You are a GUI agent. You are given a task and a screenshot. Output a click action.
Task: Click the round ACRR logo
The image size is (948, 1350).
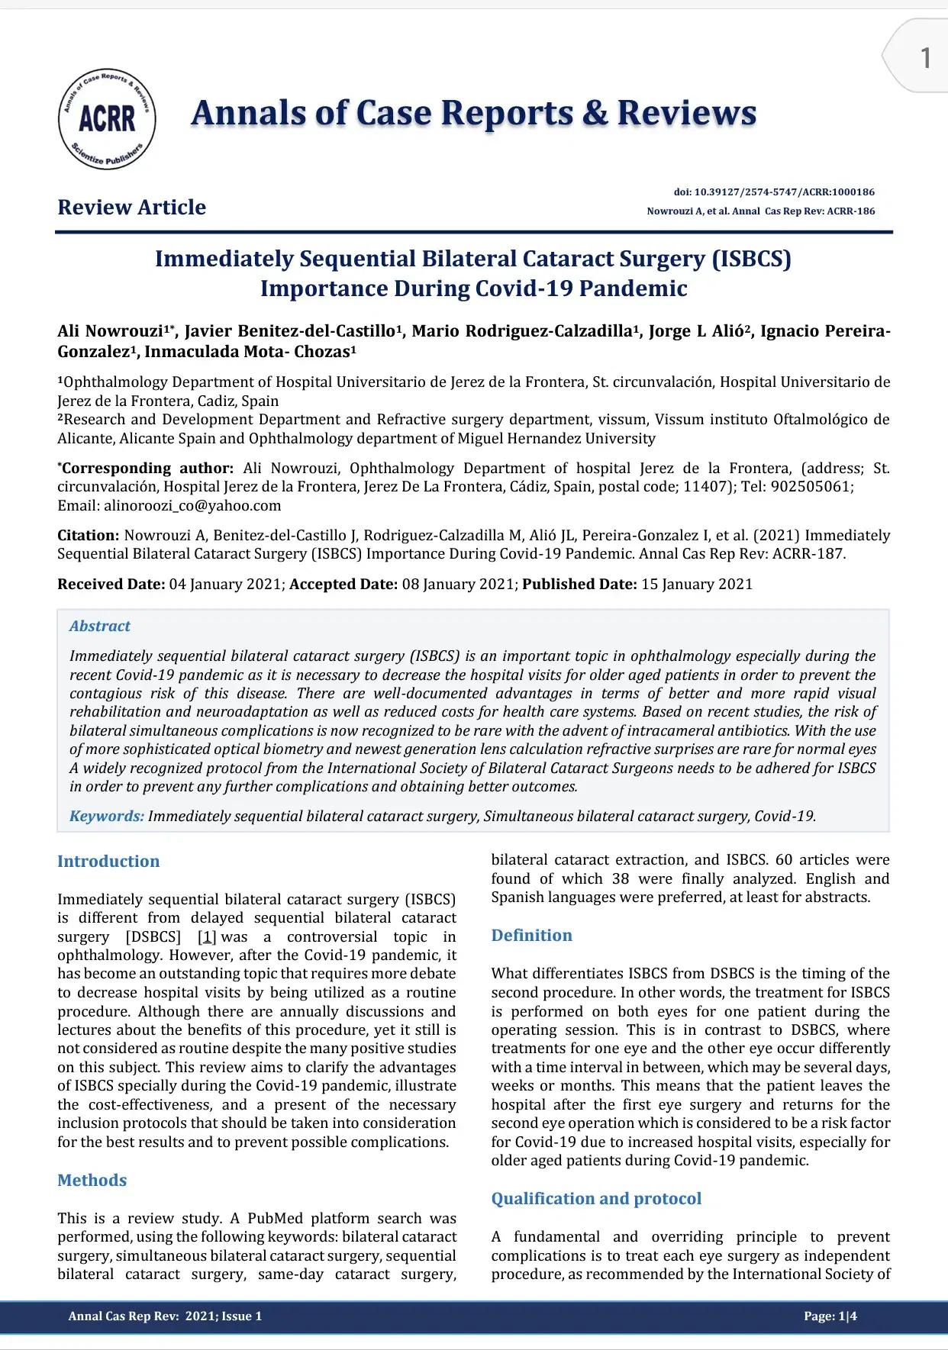[107, 118]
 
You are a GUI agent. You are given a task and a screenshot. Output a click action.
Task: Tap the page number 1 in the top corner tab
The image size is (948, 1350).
[925, 58]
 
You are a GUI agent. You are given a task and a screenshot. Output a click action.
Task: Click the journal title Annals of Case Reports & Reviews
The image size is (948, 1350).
[473, 113]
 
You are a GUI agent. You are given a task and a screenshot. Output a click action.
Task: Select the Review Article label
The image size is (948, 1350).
[131, 208]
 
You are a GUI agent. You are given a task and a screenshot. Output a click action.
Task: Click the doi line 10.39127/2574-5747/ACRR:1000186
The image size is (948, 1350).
[774, 192]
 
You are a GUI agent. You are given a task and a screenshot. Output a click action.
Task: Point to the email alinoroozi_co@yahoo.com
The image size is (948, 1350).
[192, 505]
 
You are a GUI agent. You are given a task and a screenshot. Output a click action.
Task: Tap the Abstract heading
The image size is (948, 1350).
[100, 626]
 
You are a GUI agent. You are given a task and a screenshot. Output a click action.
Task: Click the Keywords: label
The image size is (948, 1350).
[107, 816]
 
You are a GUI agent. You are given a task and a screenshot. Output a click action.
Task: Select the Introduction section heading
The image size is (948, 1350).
[108, 862]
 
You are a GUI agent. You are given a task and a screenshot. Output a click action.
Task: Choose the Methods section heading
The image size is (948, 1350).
[92, 1181]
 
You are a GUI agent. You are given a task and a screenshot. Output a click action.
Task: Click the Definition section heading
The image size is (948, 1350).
[531, 936]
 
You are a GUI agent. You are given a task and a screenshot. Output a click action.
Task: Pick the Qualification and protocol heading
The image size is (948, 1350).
[596, 1199]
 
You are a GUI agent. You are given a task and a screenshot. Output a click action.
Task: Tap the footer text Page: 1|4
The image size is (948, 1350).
[830, 1316]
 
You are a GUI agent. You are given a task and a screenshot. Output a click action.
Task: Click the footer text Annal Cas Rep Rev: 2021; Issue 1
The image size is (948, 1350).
[165, 1316]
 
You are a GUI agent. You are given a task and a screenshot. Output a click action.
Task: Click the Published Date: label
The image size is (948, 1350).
[579, 585]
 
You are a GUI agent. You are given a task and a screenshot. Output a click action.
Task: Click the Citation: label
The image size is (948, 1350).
[88, 536]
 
